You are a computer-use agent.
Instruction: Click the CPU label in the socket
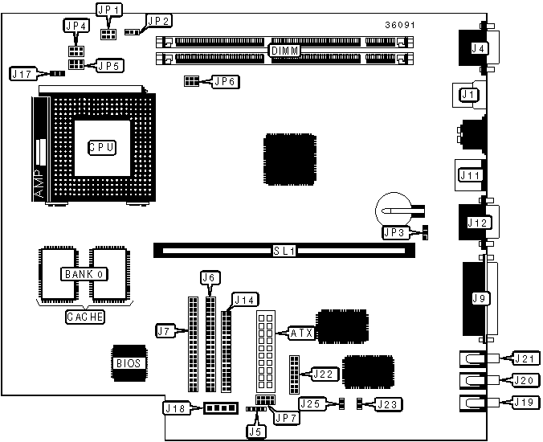103,147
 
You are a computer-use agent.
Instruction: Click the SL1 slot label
285,251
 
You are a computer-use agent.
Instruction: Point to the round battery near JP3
392,207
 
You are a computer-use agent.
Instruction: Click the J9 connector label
481,299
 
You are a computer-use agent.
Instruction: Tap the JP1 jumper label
108,10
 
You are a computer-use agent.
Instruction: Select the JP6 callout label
224,80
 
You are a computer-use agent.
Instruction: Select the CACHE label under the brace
84,317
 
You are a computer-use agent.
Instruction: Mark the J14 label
243,301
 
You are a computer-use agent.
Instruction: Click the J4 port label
480,48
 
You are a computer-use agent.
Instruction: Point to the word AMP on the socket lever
41,184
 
